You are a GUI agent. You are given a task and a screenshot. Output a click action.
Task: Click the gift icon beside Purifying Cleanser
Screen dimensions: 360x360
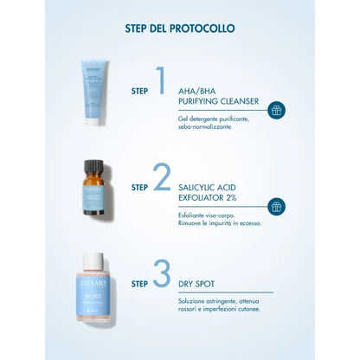tap(277, 110)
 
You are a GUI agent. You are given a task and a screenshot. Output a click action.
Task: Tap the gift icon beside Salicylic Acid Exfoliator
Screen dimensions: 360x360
tap(277, 206)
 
